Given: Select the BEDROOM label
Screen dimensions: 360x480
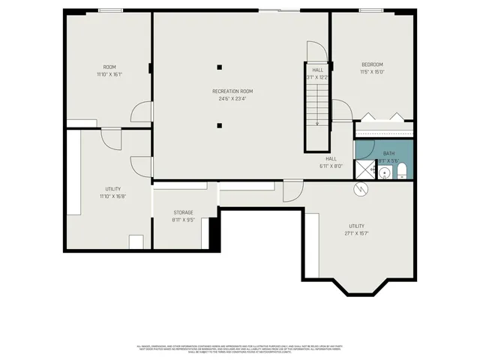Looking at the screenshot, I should pyautogui.click(x=372, y=64).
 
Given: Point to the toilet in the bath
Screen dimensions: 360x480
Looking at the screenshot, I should pyautogui.click(x=400, y=171).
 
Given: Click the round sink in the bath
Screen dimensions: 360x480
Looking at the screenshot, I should pyautogui.click(x=384, y=173).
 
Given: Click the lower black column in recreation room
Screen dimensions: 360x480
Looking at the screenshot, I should pyautogui.click(x=220, y=126).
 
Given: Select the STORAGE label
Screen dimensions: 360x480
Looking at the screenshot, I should pyautogui.click(x=184, y=212).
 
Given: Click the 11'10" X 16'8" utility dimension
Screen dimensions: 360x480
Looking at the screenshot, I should pyautogui.click(x=113, y=196).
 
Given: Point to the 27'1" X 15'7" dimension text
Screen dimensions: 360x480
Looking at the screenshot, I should pyautogui.click(x=357, y=233).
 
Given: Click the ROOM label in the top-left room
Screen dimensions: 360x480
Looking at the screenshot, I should pyautogui.click(x=109, y=67).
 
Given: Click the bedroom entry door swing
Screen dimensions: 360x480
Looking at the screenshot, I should pyautogui.click(x=341, y=109).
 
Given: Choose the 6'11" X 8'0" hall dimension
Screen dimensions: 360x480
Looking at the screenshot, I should pyautogui.click(x=331, y=166).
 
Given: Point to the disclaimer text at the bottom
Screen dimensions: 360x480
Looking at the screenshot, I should pyautogui.click(x=240, y=348).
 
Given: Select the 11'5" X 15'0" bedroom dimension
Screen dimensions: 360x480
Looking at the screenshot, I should pyautogui.click(x=372, y=72).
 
